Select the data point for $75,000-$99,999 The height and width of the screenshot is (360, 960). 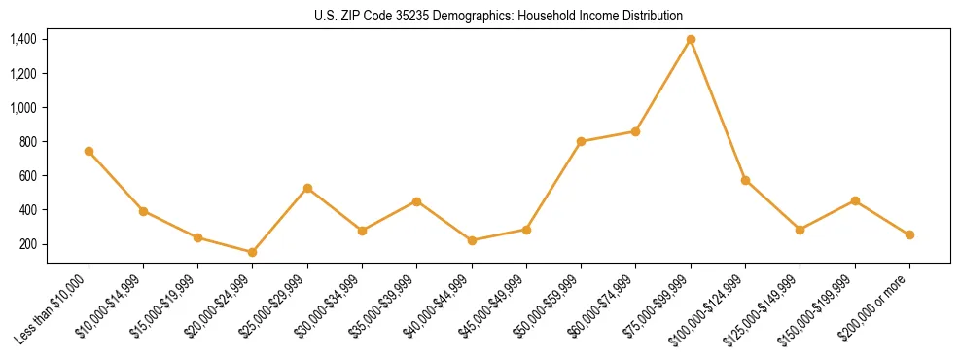pyautogui.click(x=691, y=39)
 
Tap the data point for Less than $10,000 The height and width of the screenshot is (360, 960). pyautogui.click(x=89, y=151)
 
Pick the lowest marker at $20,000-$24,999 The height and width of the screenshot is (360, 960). pyautogui.click(x=253, y=252)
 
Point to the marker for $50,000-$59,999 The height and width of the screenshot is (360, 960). pyautogui.click(x=581, y=141)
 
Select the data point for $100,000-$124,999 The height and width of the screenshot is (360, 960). pyautogui.click(x=745, y=180)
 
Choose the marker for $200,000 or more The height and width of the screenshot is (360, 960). pyautogui.click(x=909, y=234)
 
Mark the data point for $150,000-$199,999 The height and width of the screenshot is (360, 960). pyautogui.click(x=855, y=200)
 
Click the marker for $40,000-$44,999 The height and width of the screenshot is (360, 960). pyautogui.click(x=472, y=240)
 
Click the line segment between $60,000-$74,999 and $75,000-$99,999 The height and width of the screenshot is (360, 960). pyautogui.click(x=663, y=85)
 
